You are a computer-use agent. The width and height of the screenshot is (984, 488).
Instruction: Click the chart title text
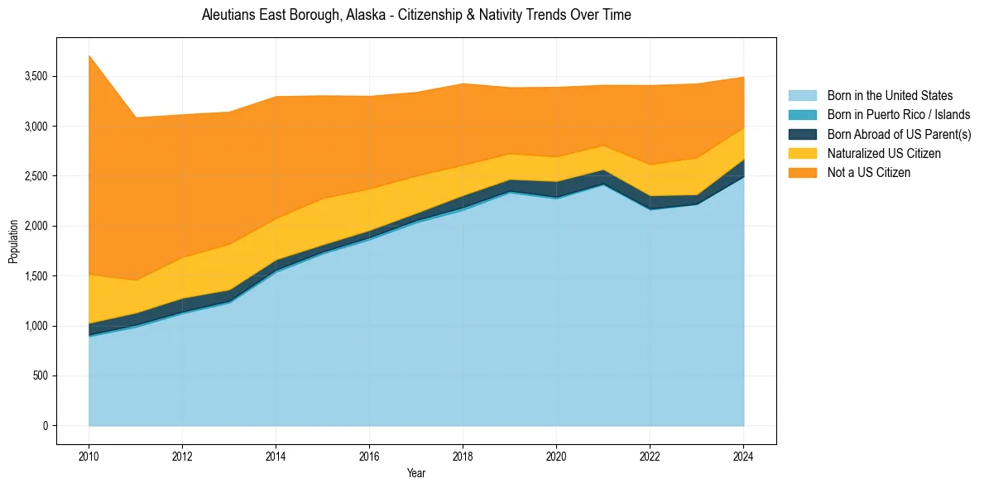click(x=416, y=15)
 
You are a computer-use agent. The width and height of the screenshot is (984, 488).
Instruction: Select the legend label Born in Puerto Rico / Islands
click(x=899, y=115)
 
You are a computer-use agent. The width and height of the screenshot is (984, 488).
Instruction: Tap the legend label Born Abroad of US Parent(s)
click(x=899, y=134)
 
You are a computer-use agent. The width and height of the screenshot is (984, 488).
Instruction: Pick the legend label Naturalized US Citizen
click(x=884, y=154)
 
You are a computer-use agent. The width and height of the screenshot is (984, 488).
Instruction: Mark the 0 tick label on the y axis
click(x=46, y=426)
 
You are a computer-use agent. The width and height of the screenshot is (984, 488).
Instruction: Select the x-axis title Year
click(x=416, y=474)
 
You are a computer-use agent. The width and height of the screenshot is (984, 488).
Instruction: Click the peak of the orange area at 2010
click(x=89, y=55)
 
